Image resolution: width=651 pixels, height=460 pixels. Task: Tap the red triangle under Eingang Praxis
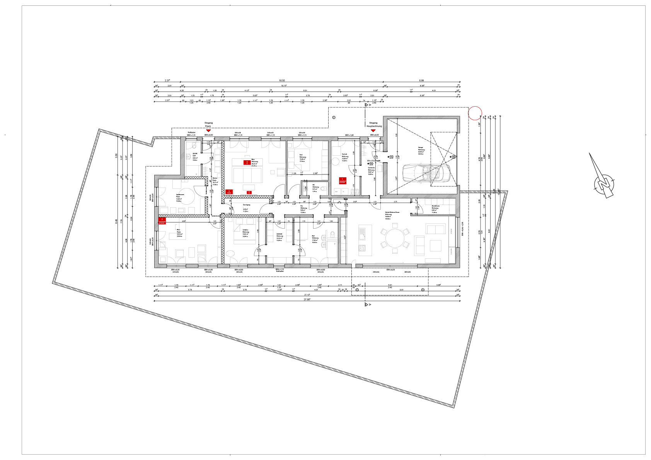pyautogui.click(x=208, y=131)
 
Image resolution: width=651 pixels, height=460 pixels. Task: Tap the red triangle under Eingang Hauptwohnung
pyautogui.click(x=373, y=131)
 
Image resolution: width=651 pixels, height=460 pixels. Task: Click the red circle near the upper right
pyautogui.click(x=475, y=113)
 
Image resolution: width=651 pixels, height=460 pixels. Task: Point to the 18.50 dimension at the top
pyautogui.click(x=282, y=80)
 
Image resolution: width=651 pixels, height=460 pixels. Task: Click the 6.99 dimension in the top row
pyautogui.click(x=421, y=80)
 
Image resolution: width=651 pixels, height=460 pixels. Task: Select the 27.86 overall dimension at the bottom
pyautogui.click(x=307, y=299)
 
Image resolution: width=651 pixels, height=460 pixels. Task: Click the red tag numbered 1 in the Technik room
pyautogui.click(x=342, y=180)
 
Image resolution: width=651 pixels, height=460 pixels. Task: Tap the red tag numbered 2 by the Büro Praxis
pyautogui.click(x=163, y=220)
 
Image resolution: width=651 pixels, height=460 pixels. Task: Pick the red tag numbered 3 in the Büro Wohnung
pyautogui.click(x=229, y=192)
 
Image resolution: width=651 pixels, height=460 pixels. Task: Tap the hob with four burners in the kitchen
pyautogui.click(x=362, y=248)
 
